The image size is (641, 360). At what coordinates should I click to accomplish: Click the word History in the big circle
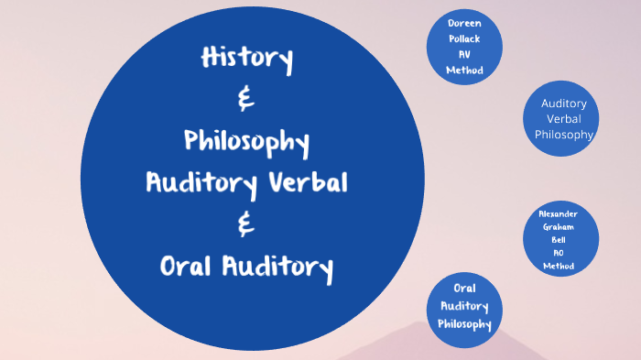[x=246, y=60]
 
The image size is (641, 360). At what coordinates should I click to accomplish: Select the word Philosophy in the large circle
[x=246, y=142]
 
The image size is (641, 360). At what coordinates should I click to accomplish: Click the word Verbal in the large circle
[x=309, y=182]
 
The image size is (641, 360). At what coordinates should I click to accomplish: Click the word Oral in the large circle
[x=185, y=267]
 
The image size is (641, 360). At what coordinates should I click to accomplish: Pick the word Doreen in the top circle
[x=465, y=23]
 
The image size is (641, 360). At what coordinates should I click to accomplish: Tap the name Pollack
[x=465, y=38]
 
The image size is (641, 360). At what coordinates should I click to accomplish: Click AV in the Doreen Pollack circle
[x=465, y=54]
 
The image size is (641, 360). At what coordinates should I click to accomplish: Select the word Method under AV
[x=465, y=70]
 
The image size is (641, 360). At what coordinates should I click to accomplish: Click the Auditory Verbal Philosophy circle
[x=563, y=118]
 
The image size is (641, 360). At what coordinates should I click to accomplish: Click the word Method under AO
[x=558, y=266]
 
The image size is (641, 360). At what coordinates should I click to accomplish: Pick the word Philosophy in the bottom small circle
[x=464, y=323]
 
